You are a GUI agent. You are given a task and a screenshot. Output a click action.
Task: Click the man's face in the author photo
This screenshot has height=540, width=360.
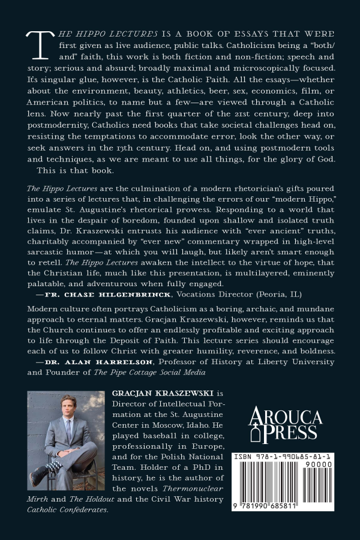(x=67, y=409)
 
